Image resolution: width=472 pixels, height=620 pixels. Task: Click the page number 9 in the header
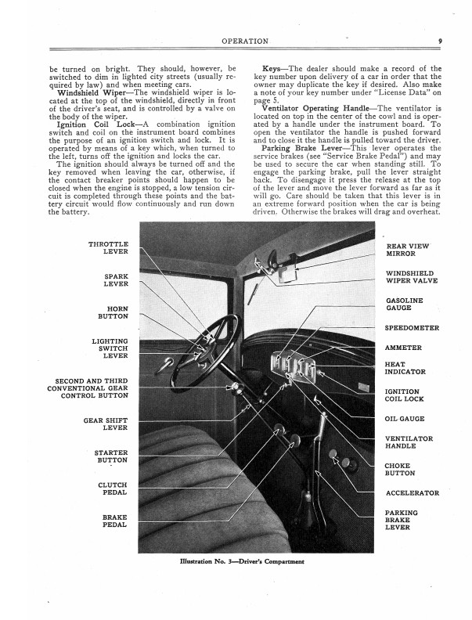441,41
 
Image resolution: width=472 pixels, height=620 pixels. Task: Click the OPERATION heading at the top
246,41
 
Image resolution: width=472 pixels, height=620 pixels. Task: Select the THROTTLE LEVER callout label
110,248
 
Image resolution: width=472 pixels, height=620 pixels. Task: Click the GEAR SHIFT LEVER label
106,424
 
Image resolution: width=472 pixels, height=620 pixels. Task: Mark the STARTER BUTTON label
111,456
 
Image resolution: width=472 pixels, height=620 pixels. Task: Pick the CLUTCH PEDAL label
113,489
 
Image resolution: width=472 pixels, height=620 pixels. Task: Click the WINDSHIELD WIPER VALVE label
412,277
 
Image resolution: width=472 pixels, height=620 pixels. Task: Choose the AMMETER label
404,348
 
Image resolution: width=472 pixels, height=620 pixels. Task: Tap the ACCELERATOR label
413,493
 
